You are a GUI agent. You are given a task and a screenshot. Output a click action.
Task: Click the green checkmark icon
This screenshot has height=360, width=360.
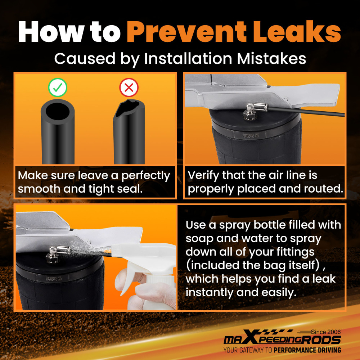click(x=58, y=87)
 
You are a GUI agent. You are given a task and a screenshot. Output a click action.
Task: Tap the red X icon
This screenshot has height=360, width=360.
click(x=129, y=87)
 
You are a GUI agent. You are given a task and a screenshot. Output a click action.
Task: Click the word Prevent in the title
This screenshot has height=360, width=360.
click(x=186, y=32)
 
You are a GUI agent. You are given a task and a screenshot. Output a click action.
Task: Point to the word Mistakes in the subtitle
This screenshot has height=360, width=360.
click(x=271, y=59)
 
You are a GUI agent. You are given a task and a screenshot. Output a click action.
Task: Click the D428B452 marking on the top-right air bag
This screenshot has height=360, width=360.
click(x=251, y=135)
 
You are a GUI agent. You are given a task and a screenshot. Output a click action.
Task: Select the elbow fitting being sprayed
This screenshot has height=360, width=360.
click(x=57, y=254)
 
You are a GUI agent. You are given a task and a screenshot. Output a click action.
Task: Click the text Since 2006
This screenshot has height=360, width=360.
click(x=326, y=332)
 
